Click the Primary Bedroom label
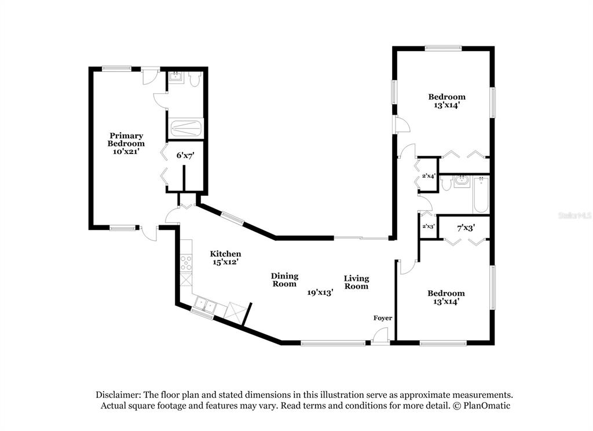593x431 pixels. [126, 139]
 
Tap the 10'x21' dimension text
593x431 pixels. [126, 151]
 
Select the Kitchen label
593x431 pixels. [225, 254]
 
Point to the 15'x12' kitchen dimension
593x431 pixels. [225, 261]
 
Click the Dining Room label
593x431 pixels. [284, 280]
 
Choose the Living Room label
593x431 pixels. [356, 282]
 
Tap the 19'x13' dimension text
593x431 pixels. [320, 292]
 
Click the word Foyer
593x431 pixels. [383, 318]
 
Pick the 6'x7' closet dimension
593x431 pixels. [185, 155]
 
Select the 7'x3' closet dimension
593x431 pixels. [466, 228]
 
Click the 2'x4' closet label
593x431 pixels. [429, 176]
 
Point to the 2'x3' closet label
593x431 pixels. [428, 227]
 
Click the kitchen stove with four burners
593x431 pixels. [186, 263]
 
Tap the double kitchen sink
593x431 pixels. [205, 304]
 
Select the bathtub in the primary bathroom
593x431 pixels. [185, 128]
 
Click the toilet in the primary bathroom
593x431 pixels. [195, 79]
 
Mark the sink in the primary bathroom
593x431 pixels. [175, 77]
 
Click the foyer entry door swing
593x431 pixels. [380, 335]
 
